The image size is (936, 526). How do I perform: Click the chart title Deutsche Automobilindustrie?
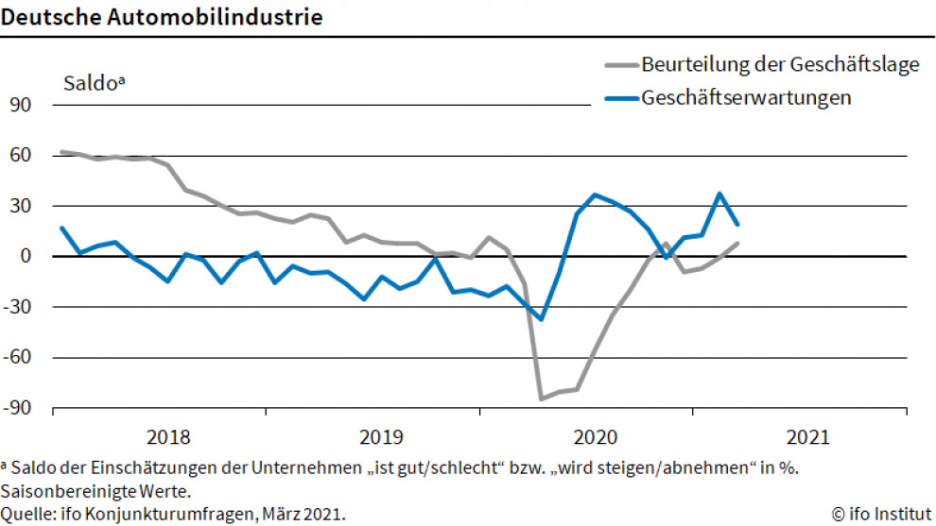162,18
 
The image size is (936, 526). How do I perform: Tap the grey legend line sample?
620,65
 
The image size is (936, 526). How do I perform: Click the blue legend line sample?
620,98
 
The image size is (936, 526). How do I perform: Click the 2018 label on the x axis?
168,437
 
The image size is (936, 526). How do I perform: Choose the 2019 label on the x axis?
383,437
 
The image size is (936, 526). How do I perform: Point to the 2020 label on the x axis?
596,437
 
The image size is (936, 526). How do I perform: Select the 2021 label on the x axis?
809,437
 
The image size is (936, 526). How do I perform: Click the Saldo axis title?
94,82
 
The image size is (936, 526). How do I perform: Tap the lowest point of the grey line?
542,399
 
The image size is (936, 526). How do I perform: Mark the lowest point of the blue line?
542,319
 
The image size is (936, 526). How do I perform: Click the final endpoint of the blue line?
737,225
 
